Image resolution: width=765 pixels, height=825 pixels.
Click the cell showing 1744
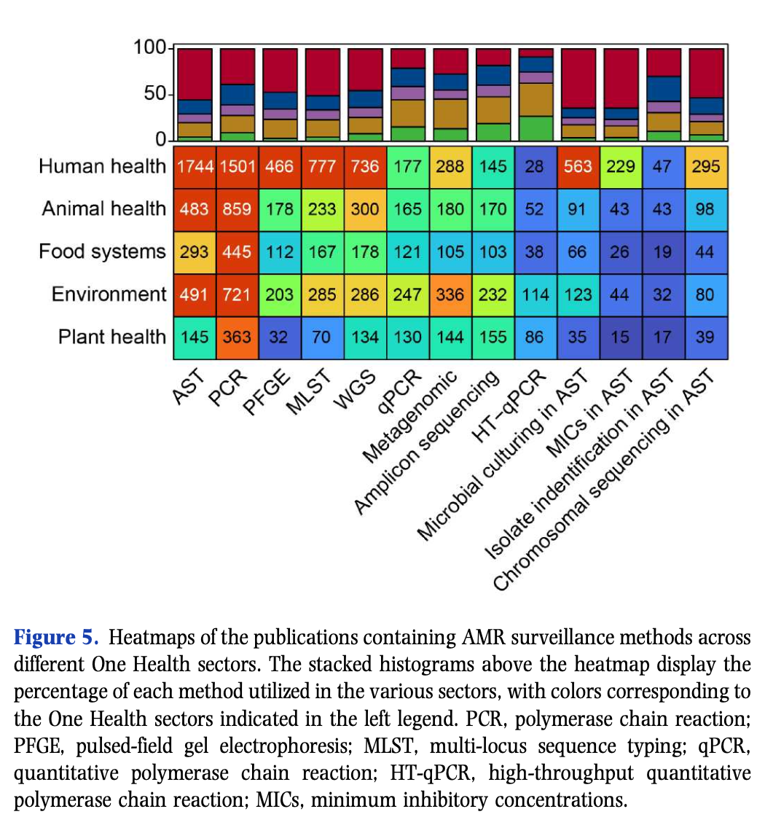(195, 165)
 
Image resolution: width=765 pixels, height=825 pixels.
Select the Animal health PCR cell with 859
(238, 208)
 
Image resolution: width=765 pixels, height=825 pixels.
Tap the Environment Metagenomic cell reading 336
(450, 294)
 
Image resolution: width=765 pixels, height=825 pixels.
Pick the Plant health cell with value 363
(238, 337)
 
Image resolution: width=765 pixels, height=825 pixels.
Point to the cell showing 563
(578, 165)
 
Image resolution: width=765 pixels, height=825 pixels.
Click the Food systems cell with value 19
(664, 251)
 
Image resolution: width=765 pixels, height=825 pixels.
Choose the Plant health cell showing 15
(621, 337)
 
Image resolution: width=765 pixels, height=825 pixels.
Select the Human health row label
(102, 166)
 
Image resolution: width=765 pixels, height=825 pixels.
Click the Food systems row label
(102, 252)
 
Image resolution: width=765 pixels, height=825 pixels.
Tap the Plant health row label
(112, 337)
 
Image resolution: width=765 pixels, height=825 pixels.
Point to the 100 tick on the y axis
(149, 48)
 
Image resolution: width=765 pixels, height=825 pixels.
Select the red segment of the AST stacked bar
(195, 74)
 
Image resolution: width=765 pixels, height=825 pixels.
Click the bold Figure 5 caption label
(55, 638)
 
